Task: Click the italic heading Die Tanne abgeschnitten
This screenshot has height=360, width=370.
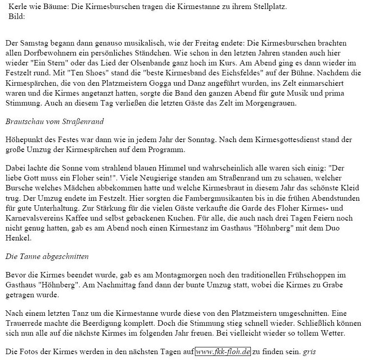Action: tap(47, 257)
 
